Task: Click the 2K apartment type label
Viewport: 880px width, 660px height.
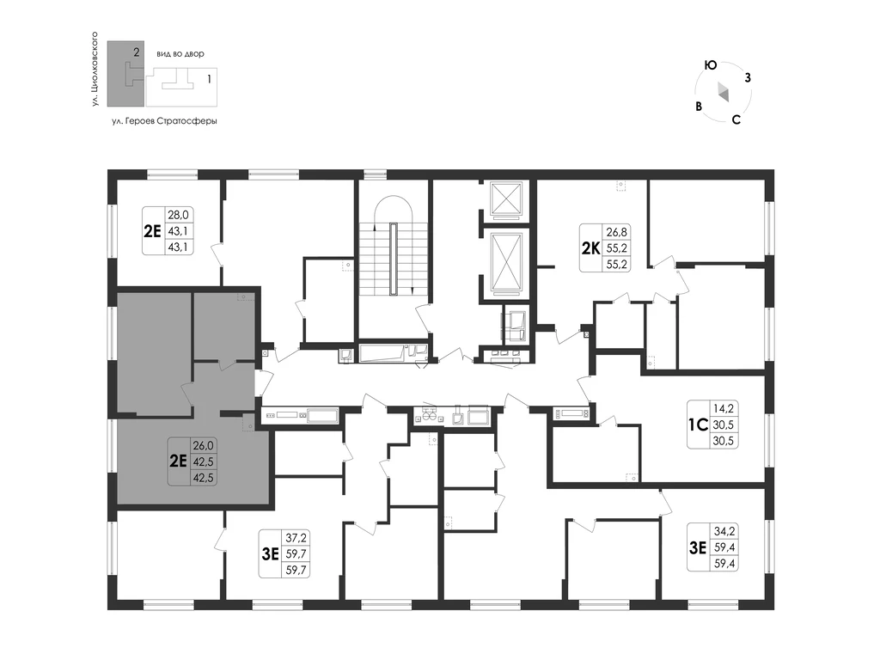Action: coord(590,248)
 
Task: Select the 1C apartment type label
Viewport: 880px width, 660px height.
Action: coord(698,425)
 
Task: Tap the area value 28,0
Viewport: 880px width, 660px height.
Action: coord(178,214)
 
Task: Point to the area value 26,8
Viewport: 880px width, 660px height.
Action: coord(616,231)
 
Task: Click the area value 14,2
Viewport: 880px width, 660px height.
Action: coord(723,408)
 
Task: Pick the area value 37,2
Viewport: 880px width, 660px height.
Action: coord(296,538)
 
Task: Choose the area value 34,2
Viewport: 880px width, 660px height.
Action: coord(724,530)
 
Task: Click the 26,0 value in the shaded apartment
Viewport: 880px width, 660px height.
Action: coord(203,446)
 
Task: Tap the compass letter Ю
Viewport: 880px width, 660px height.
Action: coord(711,65)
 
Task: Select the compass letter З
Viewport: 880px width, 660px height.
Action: coord(748,78)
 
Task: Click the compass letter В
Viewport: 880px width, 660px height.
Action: coord(699,107)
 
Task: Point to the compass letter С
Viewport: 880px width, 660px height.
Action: coord(736,119)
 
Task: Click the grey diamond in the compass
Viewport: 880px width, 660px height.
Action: coord(723,92)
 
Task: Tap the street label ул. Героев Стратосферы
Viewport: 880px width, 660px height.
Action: coord(164,120)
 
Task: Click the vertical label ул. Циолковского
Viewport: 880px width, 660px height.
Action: coord(95,69)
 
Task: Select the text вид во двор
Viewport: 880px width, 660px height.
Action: coord(180,54)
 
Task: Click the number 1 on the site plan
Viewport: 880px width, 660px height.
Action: coord(210,79)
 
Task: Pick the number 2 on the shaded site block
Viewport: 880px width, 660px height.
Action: coord(137,52)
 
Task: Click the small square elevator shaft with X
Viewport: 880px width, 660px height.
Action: coord(506,199)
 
